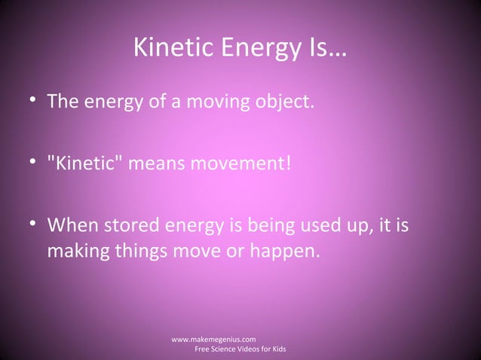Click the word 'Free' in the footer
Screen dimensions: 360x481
204,351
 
